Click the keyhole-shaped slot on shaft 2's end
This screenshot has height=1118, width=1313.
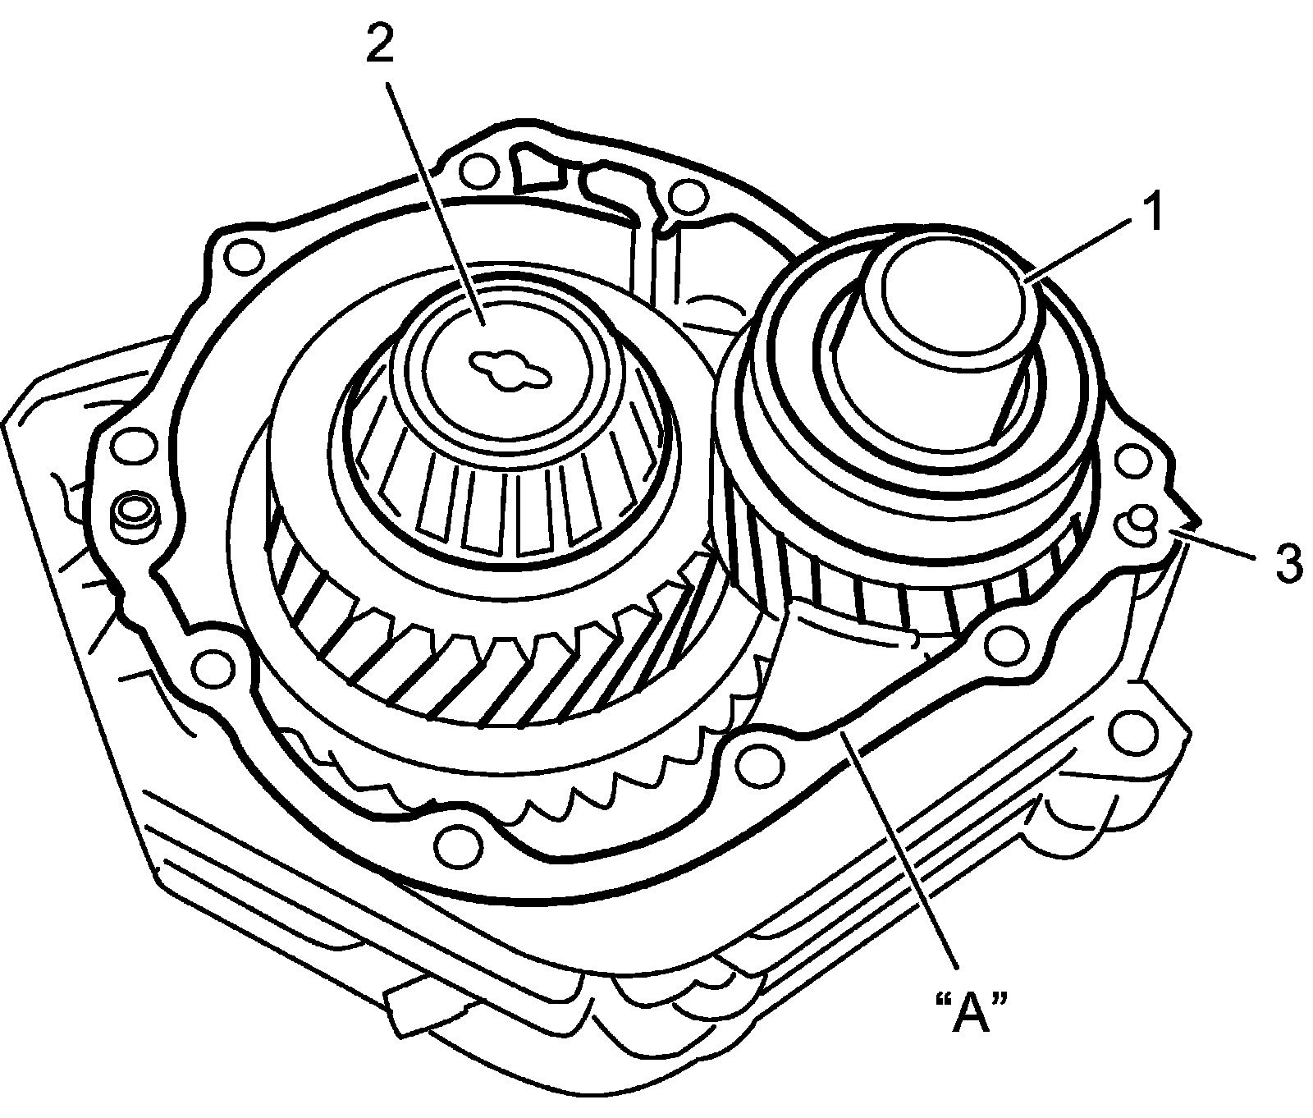pos(509,367)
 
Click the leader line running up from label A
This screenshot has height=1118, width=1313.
pos(903,854)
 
